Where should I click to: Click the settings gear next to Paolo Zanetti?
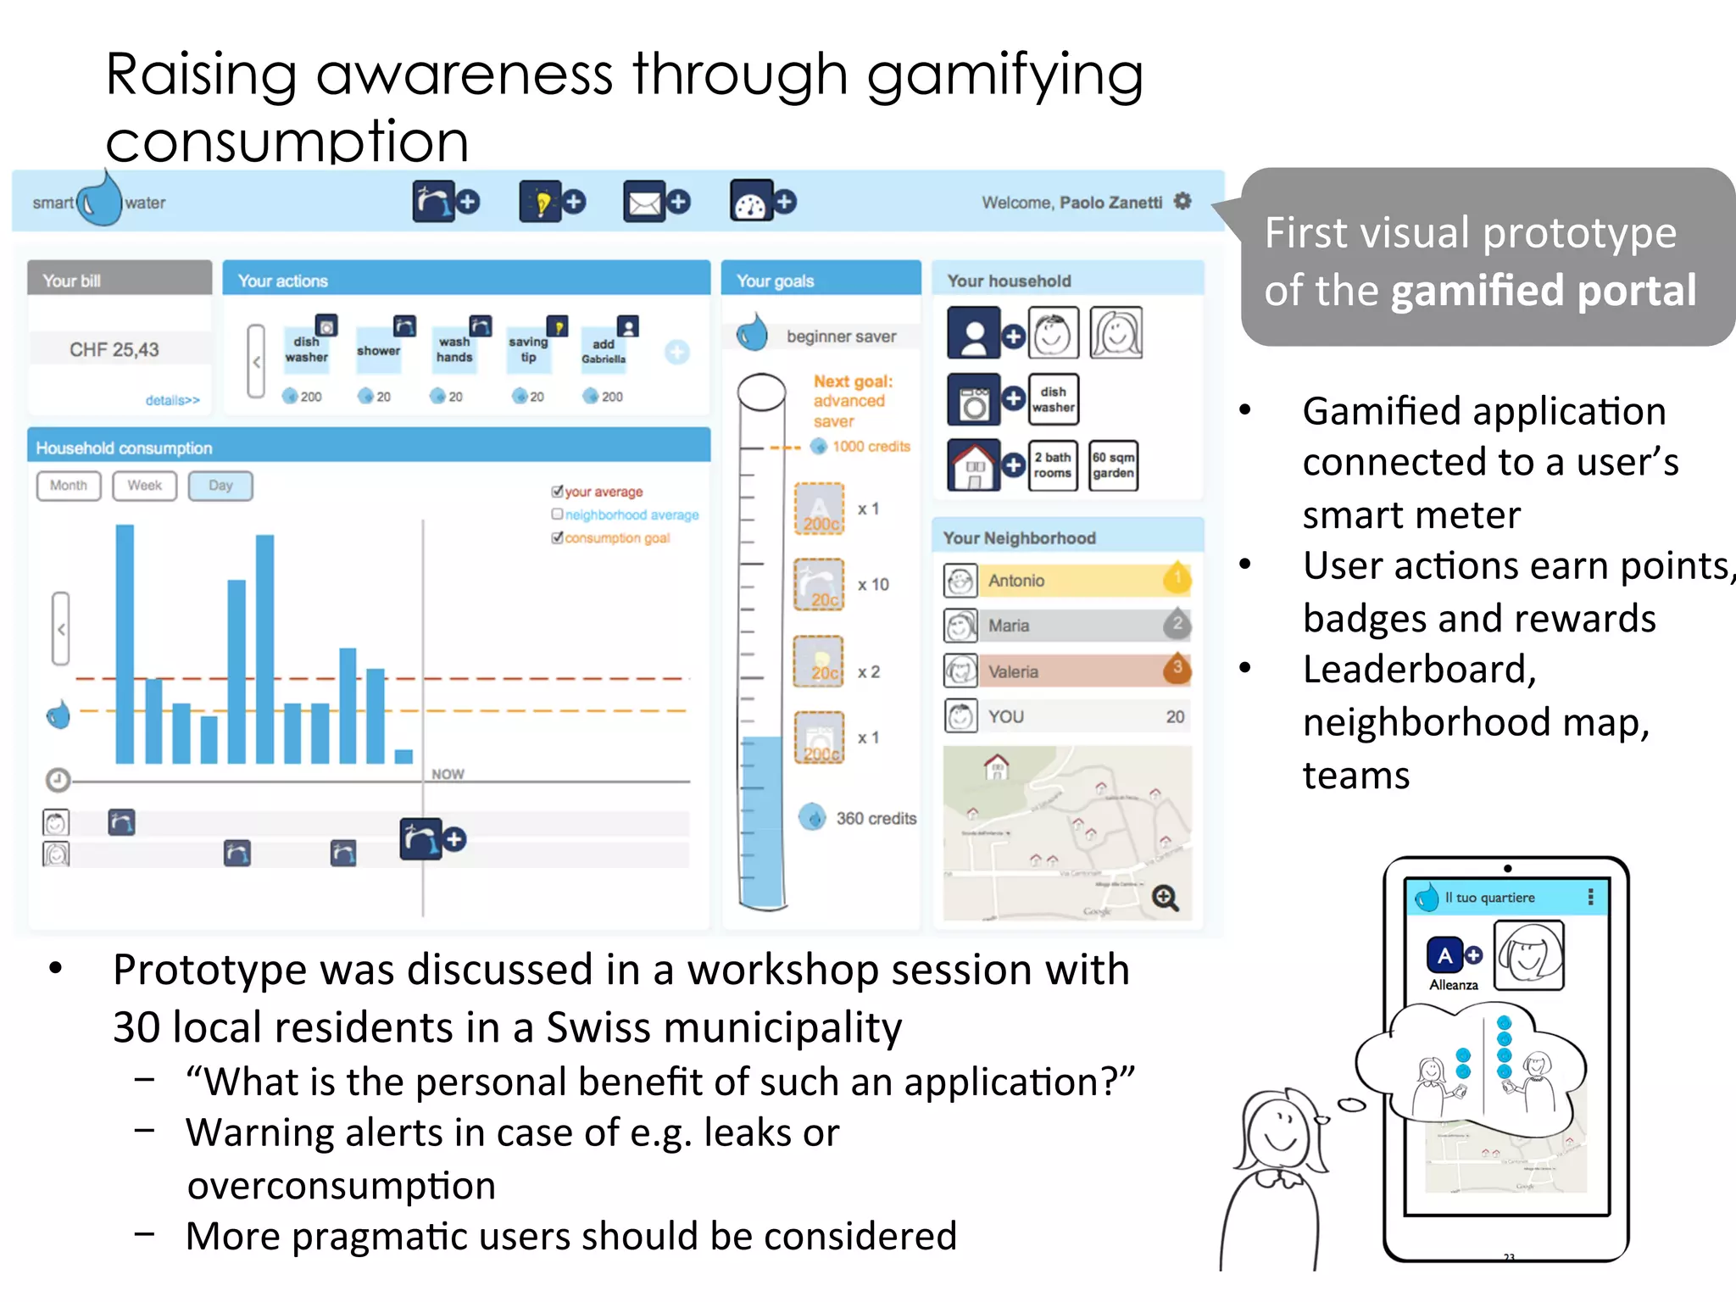coord(1182,202)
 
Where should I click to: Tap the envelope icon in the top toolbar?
coord(644,203)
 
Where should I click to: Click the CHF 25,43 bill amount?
coord(114,349)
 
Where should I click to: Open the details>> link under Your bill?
coord(172,400)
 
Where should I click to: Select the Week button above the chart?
coord(144,486)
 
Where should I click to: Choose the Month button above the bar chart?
coord(69,486)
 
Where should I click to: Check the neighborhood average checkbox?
coord(557,514)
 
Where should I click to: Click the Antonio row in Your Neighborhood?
coord(1066,581)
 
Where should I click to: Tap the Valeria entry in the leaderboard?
coord(1066,671)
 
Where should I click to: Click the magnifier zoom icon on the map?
coord(1165,898)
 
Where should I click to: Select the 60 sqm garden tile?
coord(1113,465)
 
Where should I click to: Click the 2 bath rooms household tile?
coord(1052,465)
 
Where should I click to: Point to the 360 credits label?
coord(876,818)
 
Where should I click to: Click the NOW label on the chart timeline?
coord(448,774)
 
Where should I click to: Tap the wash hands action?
coord(454,350)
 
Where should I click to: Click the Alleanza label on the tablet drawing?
coord(1453,985)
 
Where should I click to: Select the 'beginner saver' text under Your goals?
coord(841,337)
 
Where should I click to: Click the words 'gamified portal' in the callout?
coord(1543,291)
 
